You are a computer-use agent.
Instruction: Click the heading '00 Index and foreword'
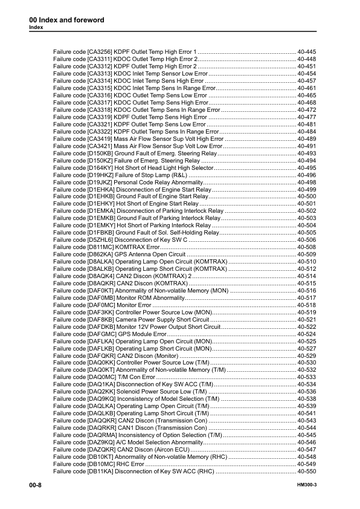click(66, 20)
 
